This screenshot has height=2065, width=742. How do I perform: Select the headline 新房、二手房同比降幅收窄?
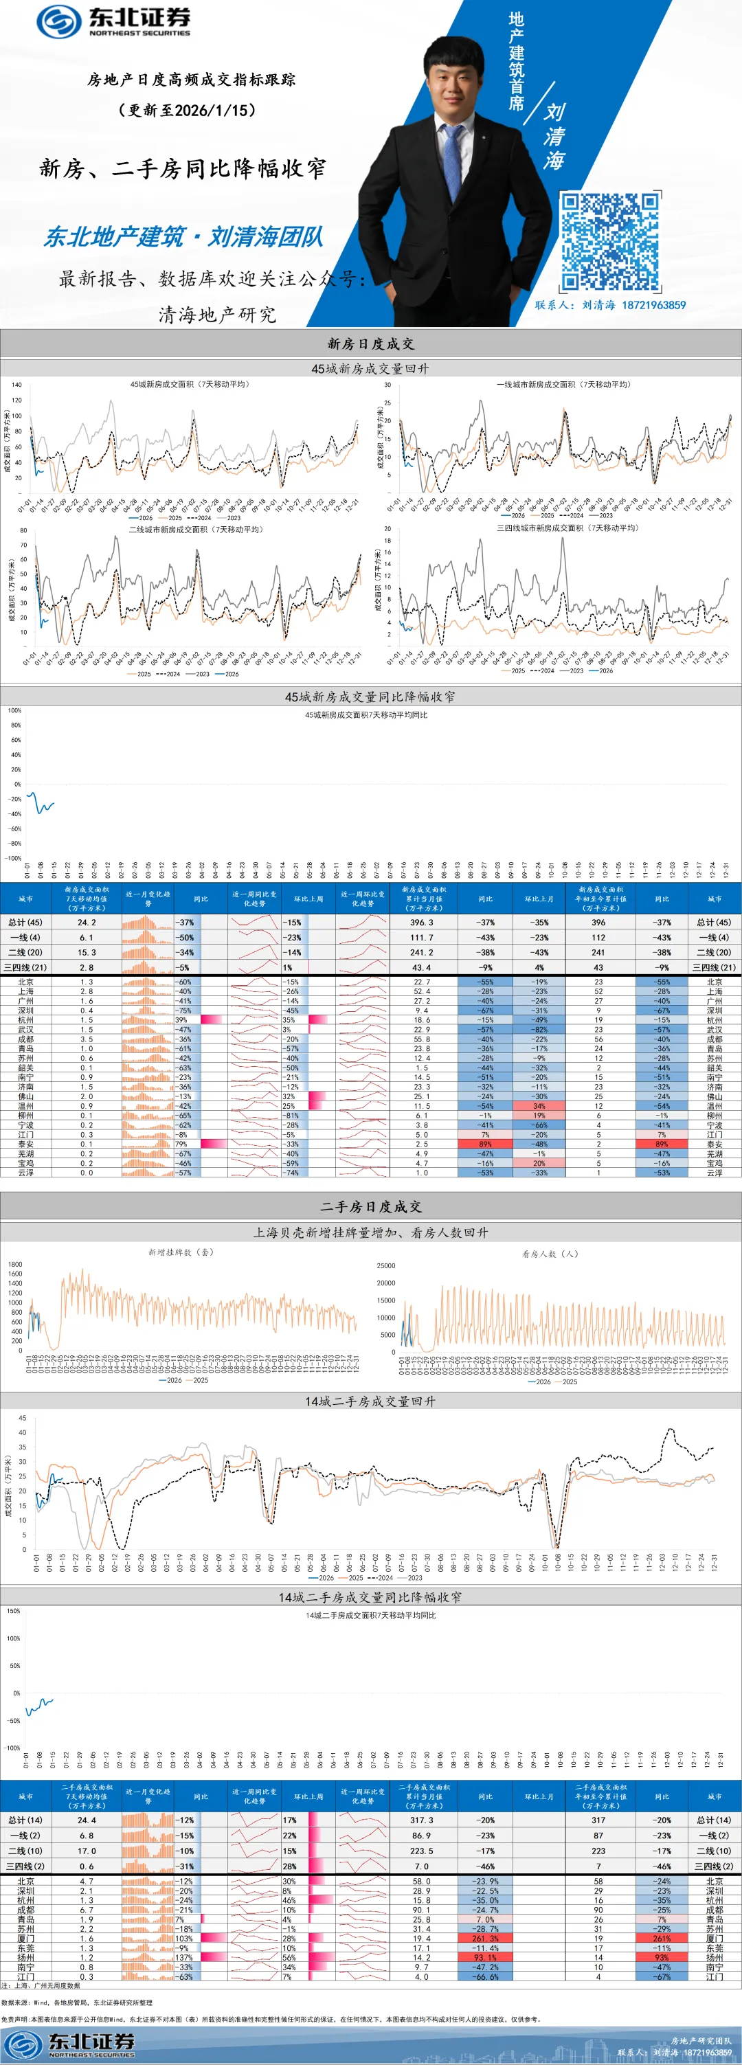point(183,168)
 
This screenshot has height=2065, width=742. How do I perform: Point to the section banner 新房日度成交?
point(370,344)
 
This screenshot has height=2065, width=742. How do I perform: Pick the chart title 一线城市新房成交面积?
point(563,385)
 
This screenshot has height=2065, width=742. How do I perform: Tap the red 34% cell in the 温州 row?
point(539,1105)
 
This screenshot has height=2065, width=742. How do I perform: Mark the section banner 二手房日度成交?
point(370,1206)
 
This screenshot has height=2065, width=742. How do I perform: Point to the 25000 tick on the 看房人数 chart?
point(385,1266)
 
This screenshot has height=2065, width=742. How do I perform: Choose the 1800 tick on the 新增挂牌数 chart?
point(15,1264)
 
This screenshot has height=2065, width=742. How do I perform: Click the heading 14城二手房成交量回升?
point(370,1401)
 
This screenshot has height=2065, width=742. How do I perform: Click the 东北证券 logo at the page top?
point(114,22)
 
